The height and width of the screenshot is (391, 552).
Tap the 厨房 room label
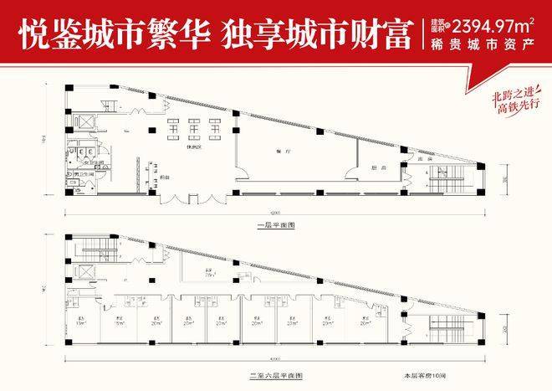(x=377, y=167)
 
